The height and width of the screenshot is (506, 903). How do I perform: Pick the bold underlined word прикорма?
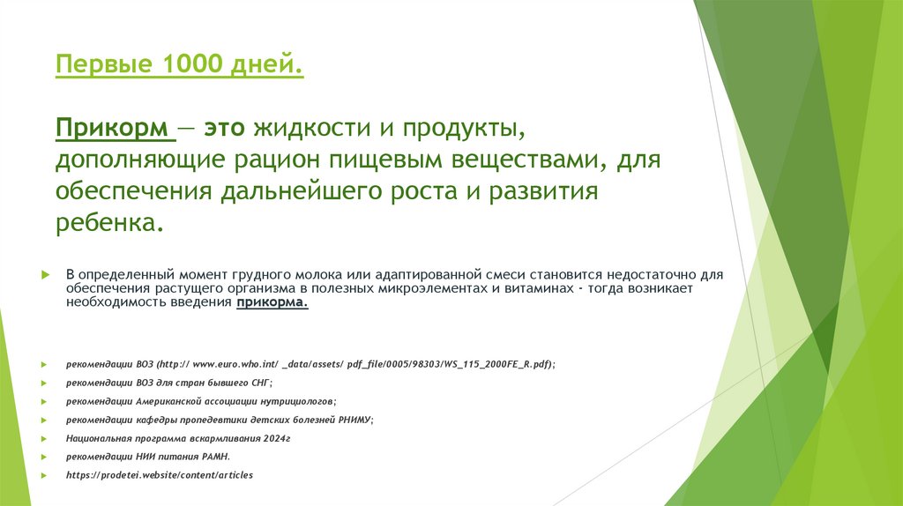[272, 301]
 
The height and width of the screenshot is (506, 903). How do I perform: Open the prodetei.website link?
[159, 474]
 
